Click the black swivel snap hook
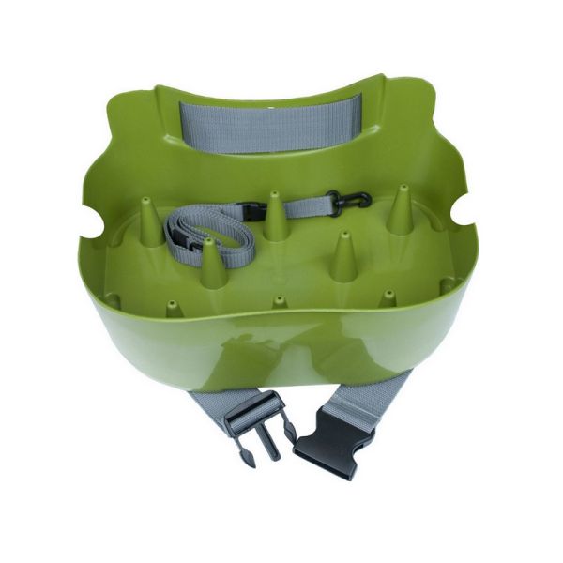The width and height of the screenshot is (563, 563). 347,201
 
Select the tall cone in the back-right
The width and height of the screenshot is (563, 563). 400,211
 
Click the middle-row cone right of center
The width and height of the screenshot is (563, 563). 344,258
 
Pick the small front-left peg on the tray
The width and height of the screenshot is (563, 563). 173,308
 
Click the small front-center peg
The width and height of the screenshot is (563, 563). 279,303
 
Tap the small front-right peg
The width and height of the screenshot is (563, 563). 388,298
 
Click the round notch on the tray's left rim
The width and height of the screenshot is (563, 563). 87,227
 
